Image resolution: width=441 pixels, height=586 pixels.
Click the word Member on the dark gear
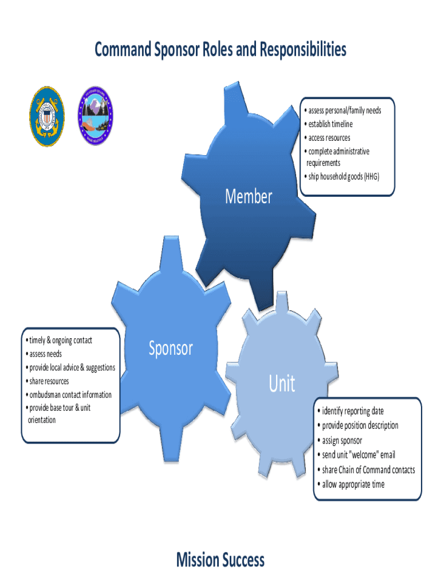coord(249,197)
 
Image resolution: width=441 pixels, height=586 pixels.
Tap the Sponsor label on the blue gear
coord(171,348)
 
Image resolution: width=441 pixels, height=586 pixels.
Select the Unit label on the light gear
coord(282,384)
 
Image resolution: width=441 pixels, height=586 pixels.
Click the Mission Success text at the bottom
coord(220,560)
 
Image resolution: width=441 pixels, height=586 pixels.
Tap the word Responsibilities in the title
coord(302,50)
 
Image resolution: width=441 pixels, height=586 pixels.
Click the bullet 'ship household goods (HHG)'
coord(342,176)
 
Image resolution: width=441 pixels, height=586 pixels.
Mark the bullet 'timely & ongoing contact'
coord(60,340)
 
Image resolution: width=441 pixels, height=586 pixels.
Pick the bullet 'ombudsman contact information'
coord(69,395)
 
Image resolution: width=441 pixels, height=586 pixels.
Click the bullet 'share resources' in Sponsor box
coord(48,381)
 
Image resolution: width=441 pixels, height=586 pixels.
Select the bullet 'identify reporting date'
coord(352,411)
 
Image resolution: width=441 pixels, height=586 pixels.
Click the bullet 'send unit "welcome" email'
coord(358,455)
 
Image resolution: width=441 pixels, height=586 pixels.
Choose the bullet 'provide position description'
coord(360,425)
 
